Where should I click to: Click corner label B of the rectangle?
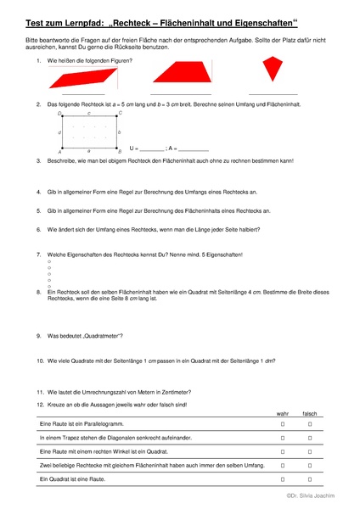[120, 150]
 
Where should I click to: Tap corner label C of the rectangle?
[120, 113]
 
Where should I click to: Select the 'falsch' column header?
[311, 412]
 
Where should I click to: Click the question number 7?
[39, 255]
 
